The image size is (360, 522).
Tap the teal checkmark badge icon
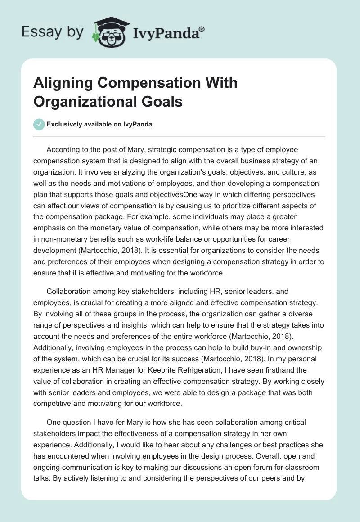tap(40, 124)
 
